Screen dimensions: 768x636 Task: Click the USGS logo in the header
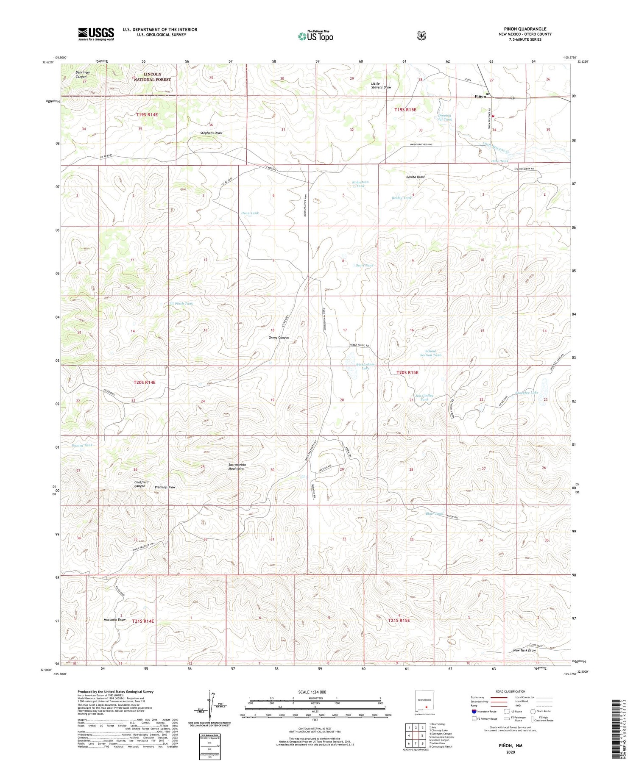pos(96,34)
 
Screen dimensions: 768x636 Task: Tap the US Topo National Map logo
pos(315,36)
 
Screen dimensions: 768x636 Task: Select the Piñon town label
pos(480,96)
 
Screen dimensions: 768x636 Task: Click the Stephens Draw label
pos(211,133)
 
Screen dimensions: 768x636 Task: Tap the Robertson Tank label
pos(360,184)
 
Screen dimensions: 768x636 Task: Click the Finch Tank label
pos(184,303)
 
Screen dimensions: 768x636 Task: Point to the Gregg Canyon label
pos(279,338)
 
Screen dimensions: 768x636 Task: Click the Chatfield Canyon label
pos(141,484)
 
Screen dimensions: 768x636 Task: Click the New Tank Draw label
pos(524,650)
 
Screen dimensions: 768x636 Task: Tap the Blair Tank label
pos(434,513)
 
